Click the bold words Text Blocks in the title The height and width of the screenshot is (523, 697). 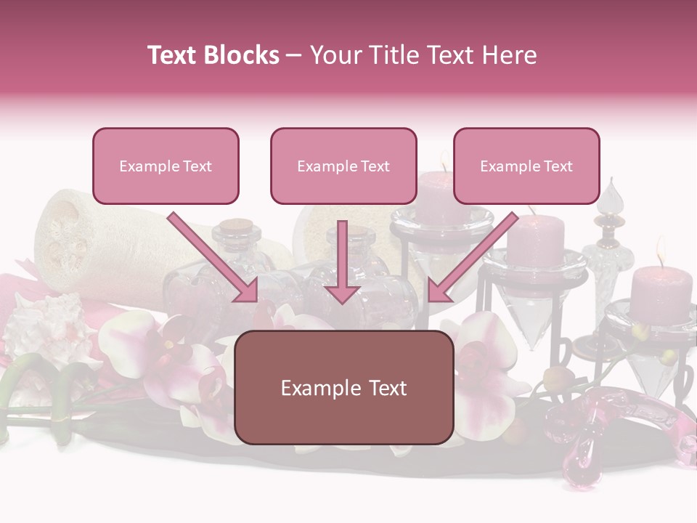point(213,55)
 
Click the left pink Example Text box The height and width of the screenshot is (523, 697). point(166,166)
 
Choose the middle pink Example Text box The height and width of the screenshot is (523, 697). point(343,166)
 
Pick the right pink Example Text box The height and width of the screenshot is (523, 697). point(526,166)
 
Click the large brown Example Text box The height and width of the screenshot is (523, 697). point(344,387)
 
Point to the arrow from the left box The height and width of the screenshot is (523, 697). point(214,258)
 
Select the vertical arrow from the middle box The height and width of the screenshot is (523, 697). point(343,261)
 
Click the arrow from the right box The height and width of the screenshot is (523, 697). point(472,258)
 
